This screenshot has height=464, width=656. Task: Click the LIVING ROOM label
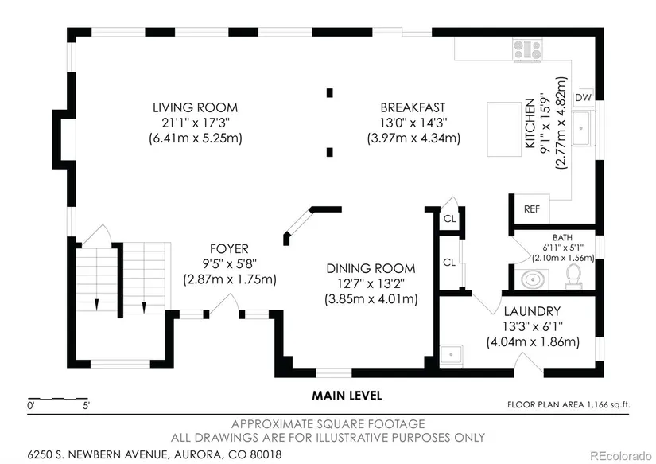(x=195, y=107)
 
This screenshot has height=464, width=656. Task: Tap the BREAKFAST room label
(x=413, y=107)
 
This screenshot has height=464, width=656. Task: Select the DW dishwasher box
(x=583, y=97)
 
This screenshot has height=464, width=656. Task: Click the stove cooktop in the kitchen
(x=527, y=49)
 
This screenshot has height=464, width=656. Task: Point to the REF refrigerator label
(x=532, y=209)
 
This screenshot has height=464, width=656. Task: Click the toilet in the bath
(x=573, y=277)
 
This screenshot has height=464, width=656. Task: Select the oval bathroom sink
(x=532, y=279)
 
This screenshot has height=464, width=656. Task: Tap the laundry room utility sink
(x=451, y=356)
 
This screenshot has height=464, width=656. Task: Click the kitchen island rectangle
(x=503, y=129)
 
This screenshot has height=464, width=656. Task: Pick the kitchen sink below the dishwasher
(x=583, y=127)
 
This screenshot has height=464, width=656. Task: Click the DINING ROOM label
(x=371, y=268)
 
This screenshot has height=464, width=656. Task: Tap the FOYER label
(x=229, y=249)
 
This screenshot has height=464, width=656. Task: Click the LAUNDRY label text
(x=532, y=311)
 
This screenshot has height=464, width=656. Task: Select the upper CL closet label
(x=450, y=219)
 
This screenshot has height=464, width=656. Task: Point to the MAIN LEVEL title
(x=347, y=396)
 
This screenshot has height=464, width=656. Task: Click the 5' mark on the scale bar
(x=86, y=405)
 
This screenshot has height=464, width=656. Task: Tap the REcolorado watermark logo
(x=620, y=455)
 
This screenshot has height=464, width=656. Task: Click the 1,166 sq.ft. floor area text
(x=608, y=404)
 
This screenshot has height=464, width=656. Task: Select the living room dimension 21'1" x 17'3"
(x=196, y=123)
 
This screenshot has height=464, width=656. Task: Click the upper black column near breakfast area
(x=330, y=92)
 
